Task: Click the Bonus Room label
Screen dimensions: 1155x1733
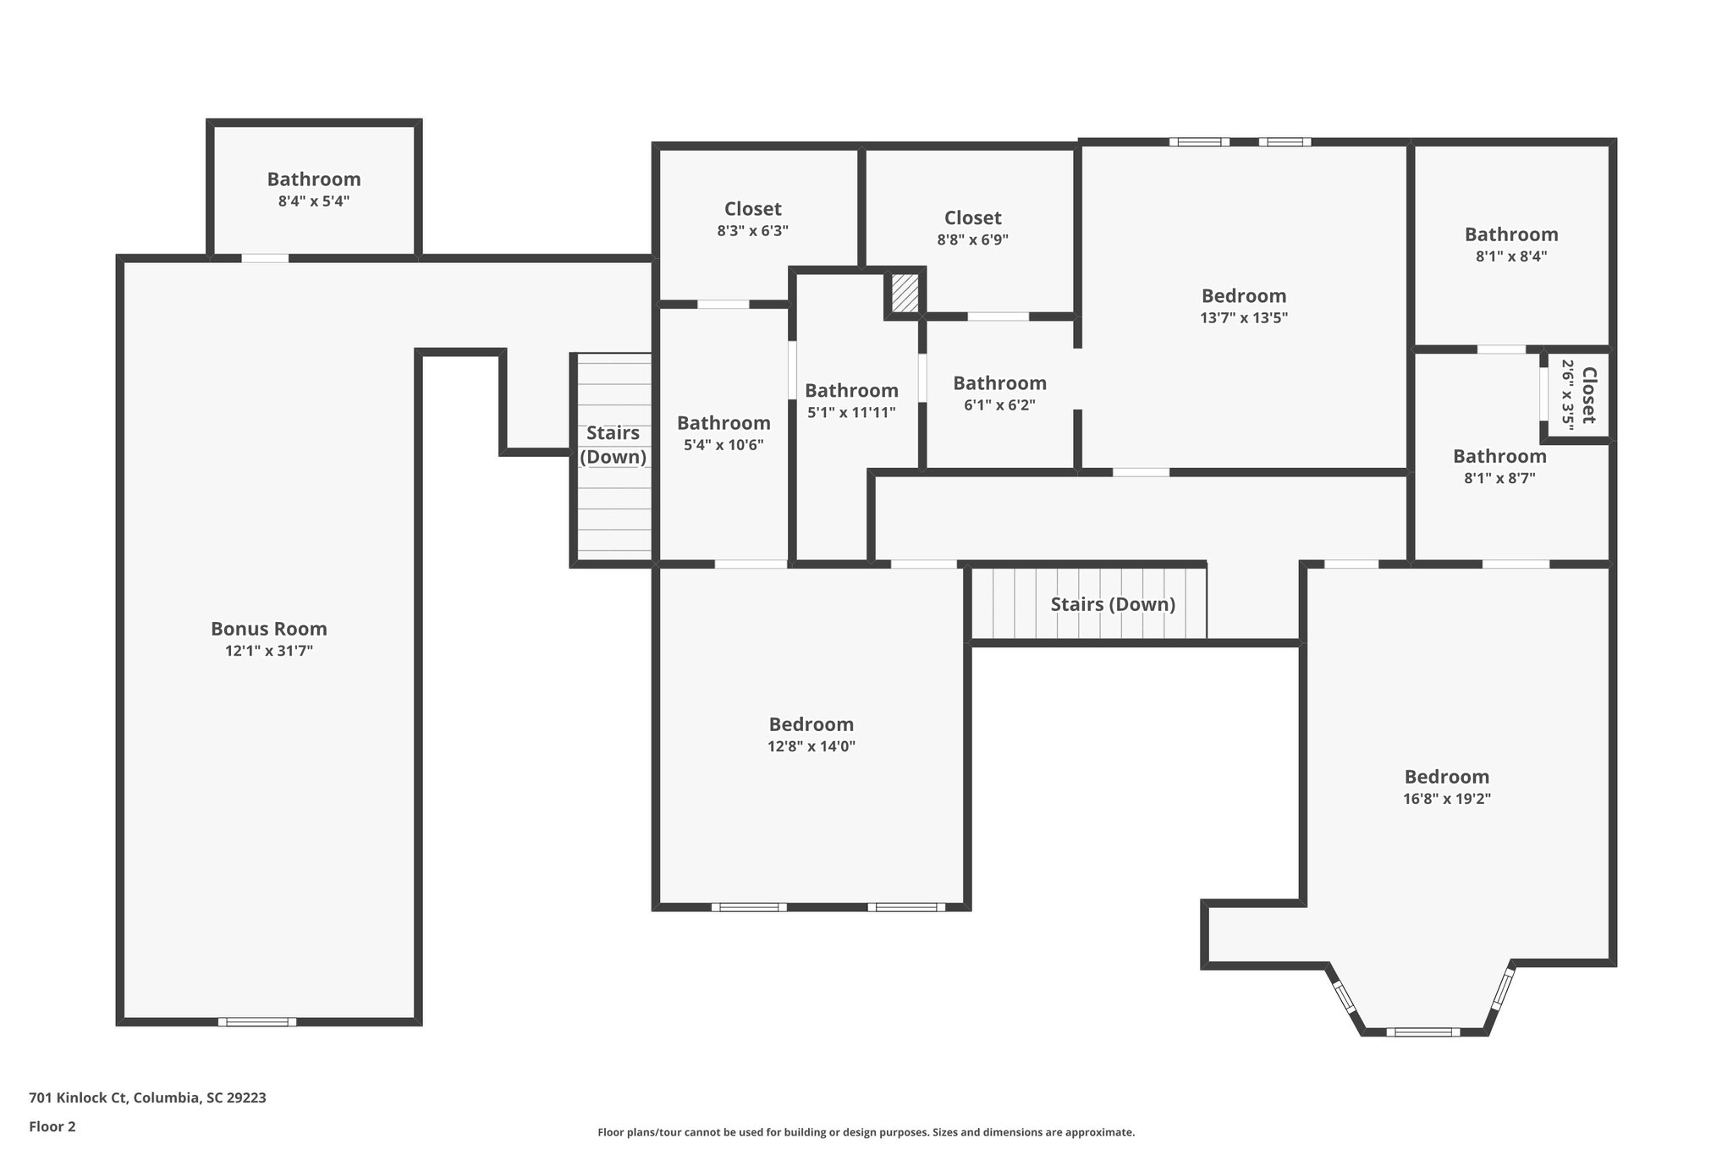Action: pos(268,629)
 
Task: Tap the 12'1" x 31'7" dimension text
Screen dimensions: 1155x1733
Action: pos(268,651)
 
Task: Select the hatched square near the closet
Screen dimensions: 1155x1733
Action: pos(905,293)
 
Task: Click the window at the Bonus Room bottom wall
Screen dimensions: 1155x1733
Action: pos(257,1021)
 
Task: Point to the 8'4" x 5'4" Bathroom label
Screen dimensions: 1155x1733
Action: pos(314,179)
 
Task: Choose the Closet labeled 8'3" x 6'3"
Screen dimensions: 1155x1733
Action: pos(752,209)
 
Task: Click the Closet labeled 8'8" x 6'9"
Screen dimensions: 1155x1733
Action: pos(972,218)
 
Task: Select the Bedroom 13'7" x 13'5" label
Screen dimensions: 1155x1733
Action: pos(1243,296)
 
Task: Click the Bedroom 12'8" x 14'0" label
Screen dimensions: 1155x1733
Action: pos(811,724)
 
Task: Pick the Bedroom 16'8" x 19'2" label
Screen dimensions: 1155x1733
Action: pos(1446,777)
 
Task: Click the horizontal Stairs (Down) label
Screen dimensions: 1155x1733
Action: pos(1112,604)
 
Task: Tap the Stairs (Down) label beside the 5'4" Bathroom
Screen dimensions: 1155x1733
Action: pos(613,445)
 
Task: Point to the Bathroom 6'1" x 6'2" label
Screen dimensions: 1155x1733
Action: pos(999,383)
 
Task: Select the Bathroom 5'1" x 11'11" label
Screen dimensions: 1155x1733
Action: pos(851,391)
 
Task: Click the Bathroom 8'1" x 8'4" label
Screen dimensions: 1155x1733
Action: pos(1510,234)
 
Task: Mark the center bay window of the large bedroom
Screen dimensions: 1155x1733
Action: pos(1422,1031)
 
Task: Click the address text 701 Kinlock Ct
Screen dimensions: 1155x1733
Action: pos(147,1097)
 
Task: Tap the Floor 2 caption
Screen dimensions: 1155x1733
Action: pos(52,1126)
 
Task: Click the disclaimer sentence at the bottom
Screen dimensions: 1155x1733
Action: pos(866,1132)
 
